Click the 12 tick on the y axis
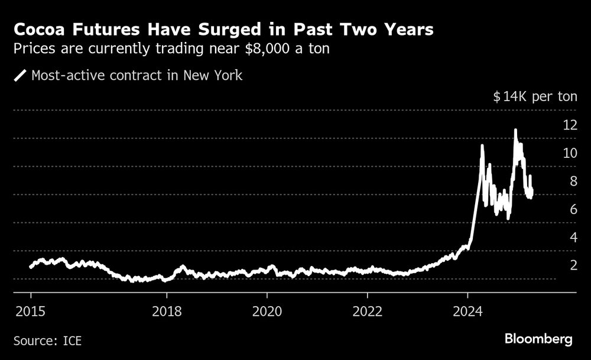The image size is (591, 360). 570,125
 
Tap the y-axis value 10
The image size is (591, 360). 570,153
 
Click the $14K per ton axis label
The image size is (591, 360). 535,97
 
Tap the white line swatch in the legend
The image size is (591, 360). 20,76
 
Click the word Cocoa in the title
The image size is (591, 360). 38,30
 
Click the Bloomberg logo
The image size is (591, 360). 538,339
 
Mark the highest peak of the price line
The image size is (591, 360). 515,130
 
